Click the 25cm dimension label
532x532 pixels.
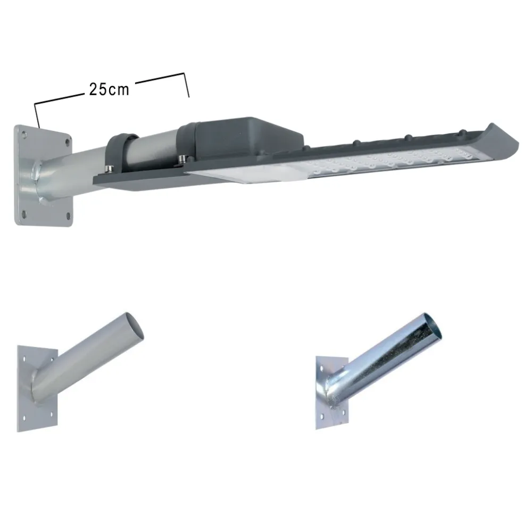(x=109, y=89)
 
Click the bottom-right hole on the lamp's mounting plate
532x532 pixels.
(x=68, y=215)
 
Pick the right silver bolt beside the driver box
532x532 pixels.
(x=182, y=158)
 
